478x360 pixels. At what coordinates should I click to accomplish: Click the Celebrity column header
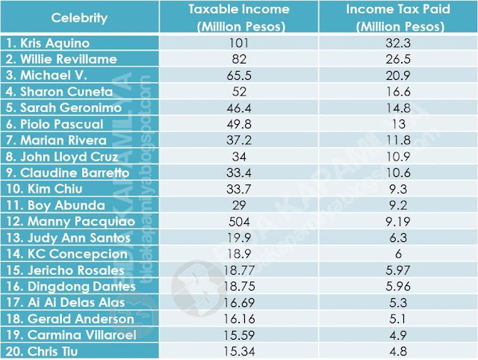79,18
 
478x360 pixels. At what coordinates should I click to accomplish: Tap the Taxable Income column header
239,18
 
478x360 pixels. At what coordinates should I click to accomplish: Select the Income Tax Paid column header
398,18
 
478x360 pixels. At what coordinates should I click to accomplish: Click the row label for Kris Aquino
48,43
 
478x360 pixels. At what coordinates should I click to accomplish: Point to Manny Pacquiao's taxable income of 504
239,222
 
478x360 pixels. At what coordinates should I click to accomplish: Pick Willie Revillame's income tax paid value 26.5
398,59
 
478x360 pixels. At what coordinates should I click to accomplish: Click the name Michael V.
46,75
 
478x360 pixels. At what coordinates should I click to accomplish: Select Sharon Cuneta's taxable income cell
239,92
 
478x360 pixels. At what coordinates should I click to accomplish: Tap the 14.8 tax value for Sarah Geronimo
398,108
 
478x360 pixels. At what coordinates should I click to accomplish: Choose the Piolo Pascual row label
55,125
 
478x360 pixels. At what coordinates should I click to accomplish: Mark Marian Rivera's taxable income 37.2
239,140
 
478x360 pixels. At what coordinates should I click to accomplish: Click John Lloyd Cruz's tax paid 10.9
398,157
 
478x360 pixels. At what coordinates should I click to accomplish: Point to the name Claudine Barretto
67,173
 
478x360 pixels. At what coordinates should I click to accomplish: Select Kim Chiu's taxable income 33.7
239,189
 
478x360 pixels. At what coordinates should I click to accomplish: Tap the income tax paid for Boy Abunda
398,205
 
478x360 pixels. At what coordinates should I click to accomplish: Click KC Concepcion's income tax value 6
398,254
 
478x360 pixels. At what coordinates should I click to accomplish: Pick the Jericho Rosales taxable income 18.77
239,270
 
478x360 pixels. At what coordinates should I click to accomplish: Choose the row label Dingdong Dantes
71,287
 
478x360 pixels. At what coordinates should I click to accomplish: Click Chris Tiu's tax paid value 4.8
398,352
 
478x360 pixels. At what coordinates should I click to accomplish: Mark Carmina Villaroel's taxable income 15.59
239,335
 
